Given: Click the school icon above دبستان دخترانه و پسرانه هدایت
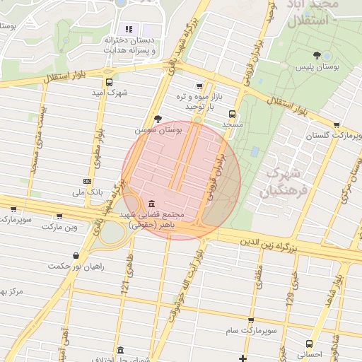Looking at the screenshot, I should pos(129,29).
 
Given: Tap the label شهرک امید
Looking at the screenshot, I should pos(109,93).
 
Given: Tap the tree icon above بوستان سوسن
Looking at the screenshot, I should pos(157,118).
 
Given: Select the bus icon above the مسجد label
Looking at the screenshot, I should pos(232,113).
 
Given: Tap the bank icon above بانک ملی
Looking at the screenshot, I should pos(87,181).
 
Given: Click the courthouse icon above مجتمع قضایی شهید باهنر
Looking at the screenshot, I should pos(152,204).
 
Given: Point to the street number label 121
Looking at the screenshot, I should pos(125,286).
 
